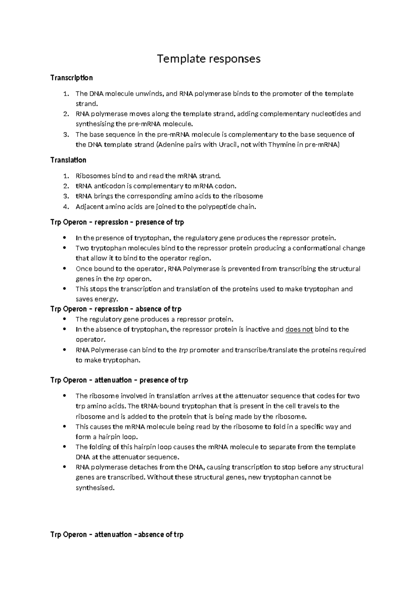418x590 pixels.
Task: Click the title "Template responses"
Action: pyautogui.click(x=209, y=59)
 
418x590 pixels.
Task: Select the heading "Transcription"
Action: pyautogui.click(x=71, y=78)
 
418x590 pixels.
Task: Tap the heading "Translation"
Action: pyautogui.click(x=68, y=160)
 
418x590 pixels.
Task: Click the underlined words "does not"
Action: pyautogui.click(x=299, y=329)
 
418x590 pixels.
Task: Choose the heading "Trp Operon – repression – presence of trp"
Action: pyautogui.click(x=117, y=222)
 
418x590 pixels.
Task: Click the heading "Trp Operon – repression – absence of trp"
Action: pyautogui.click(x=116, y=309)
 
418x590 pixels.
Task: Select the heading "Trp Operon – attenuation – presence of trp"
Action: pyautogui.click(x=119, y=380)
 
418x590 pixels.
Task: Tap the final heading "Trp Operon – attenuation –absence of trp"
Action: pyautogui.click(x=117, y=534)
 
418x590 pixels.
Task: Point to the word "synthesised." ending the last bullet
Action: pyautogui.click(x=95, y=488)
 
